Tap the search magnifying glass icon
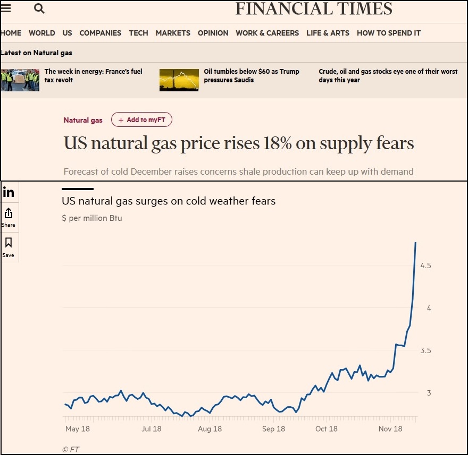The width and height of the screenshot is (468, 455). click(39, 8)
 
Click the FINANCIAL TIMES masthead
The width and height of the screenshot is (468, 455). click(314, 9)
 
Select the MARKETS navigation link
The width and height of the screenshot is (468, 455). click(173, 33)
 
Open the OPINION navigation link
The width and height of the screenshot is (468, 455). click(213, 33)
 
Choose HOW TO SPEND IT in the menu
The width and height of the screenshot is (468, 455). click(388, 33)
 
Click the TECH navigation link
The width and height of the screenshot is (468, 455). click(138, 33)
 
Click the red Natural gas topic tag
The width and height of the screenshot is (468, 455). click(83, 120)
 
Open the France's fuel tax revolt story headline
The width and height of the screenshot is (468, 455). click(93, 75)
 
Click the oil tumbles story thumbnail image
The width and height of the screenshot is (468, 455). click(179, 80)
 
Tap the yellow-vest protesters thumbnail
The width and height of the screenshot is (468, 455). click(20, 80)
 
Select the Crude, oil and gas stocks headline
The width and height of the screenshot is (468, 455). click(388, 75)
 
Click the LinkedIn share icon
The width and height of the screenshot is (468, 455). click(9, 192)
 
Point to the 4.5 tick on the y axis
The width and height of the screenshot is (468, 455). click(425, 265)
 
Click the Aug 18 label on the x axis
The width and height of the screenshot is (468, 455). click(210, 429)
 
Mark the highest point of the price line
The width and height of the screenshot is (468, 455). click(415, 243)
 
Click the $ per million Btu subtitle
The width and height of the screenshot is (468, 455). click(92, 218)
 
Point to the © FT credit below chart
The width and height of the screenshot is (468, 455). click(71, 449)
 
